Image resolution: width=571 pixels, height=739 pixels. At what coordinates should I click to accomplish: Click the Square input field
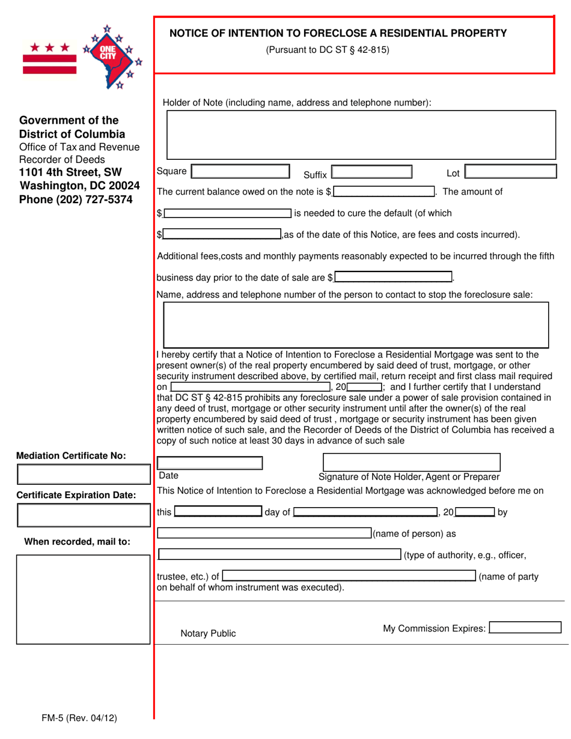[240, 172]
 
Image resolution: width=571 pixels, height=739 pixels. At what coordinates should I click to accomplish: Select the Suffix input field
[371, 173]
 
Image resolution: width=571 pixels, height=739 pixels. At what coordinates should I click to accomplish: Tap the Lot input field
[511, 172]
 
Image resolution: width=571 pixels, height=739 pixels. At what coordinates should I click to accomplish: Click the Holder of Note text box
[356, 135]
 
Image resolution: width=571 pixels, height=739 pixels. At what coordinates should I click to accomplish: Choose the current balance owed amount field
[384, 192]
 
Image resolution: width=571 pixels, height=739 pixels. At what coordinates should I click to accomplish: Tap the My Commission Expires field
[525, 628]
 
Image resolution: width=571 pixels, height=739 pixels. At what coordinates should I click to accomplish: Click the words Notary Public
[208, 633]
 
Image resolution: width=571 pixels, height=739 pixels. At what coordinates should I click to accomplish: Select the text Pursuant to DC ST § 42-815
[328, 50]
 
